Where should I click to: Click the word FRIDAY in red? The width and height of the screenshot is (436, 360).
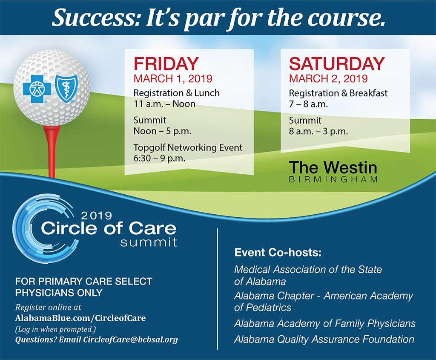pos(166,64)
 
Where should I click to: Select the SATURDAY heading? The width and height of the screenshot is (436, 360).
pos(337,64)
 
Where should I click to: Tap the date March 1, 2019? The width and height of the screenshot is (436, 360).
pos(173,78)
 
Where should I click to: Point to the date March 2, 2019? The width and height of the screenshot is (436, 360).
pos(328,78)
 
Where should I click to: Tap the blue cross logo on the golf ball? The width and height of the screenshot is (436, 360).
pos(37,89)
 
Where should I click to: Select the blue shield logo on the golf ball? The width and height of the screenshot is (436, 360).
pos(65,89)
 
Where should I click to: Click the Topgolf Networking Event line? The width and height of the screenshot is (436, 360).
pos(188,147)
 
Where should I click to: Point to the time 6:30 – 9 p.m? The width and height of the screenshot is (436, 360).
pos(159,158)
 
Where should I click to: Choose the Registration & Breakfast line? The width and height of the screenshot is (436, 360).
pos(338,93)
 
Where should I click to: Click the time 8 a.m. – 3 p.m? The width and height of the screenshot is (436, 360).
pos(318,131)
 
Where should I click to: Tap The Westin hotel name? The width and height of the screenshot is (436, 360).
pos(333,168)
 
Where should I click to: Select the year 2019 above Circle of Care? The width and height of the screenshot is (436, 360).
pos(97,216)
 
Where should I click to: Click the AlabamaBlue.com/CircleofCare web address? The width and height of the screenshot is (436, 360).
pos(80,318)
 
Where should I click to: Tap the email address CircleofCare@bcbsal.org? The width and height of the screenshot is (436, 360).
pos(130,340)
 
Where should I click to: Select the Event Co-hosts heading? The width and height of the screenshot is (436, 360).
pos(278,253)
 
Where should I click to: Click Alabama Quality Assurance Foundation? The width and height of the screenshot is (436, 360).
pos(324,340)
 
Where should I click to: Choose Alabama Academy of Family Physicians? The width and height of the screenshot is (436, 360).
pos(325,323)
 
